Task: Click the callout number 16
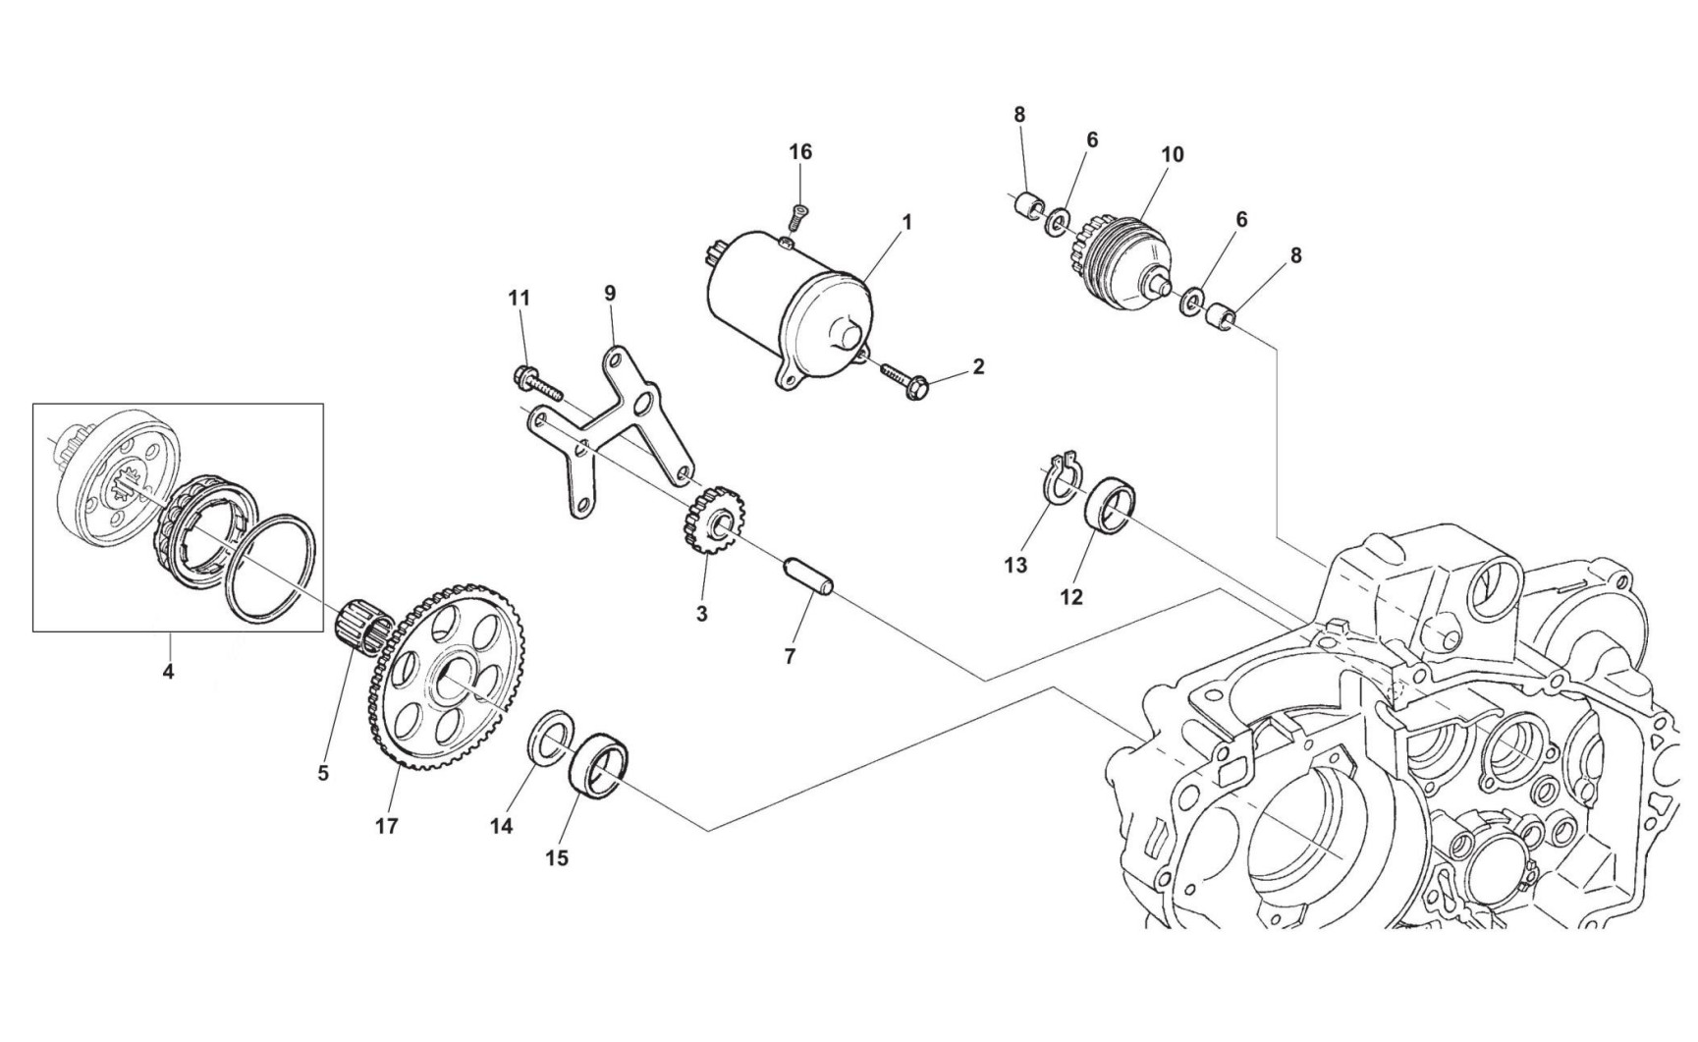(x=800, y=152)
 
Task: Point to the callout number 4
(x=168, y=673)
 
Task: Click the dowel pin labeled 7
(x=808, y=576)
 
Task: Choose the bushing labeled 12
(x=1109, y=503)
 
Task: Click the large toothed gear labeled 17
(x=454, y=686)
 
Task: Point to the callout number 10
(x=1172, y=154)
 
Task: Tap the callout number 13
(x=1015, y=565)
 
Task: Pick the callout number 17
(x=387, y=826)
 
